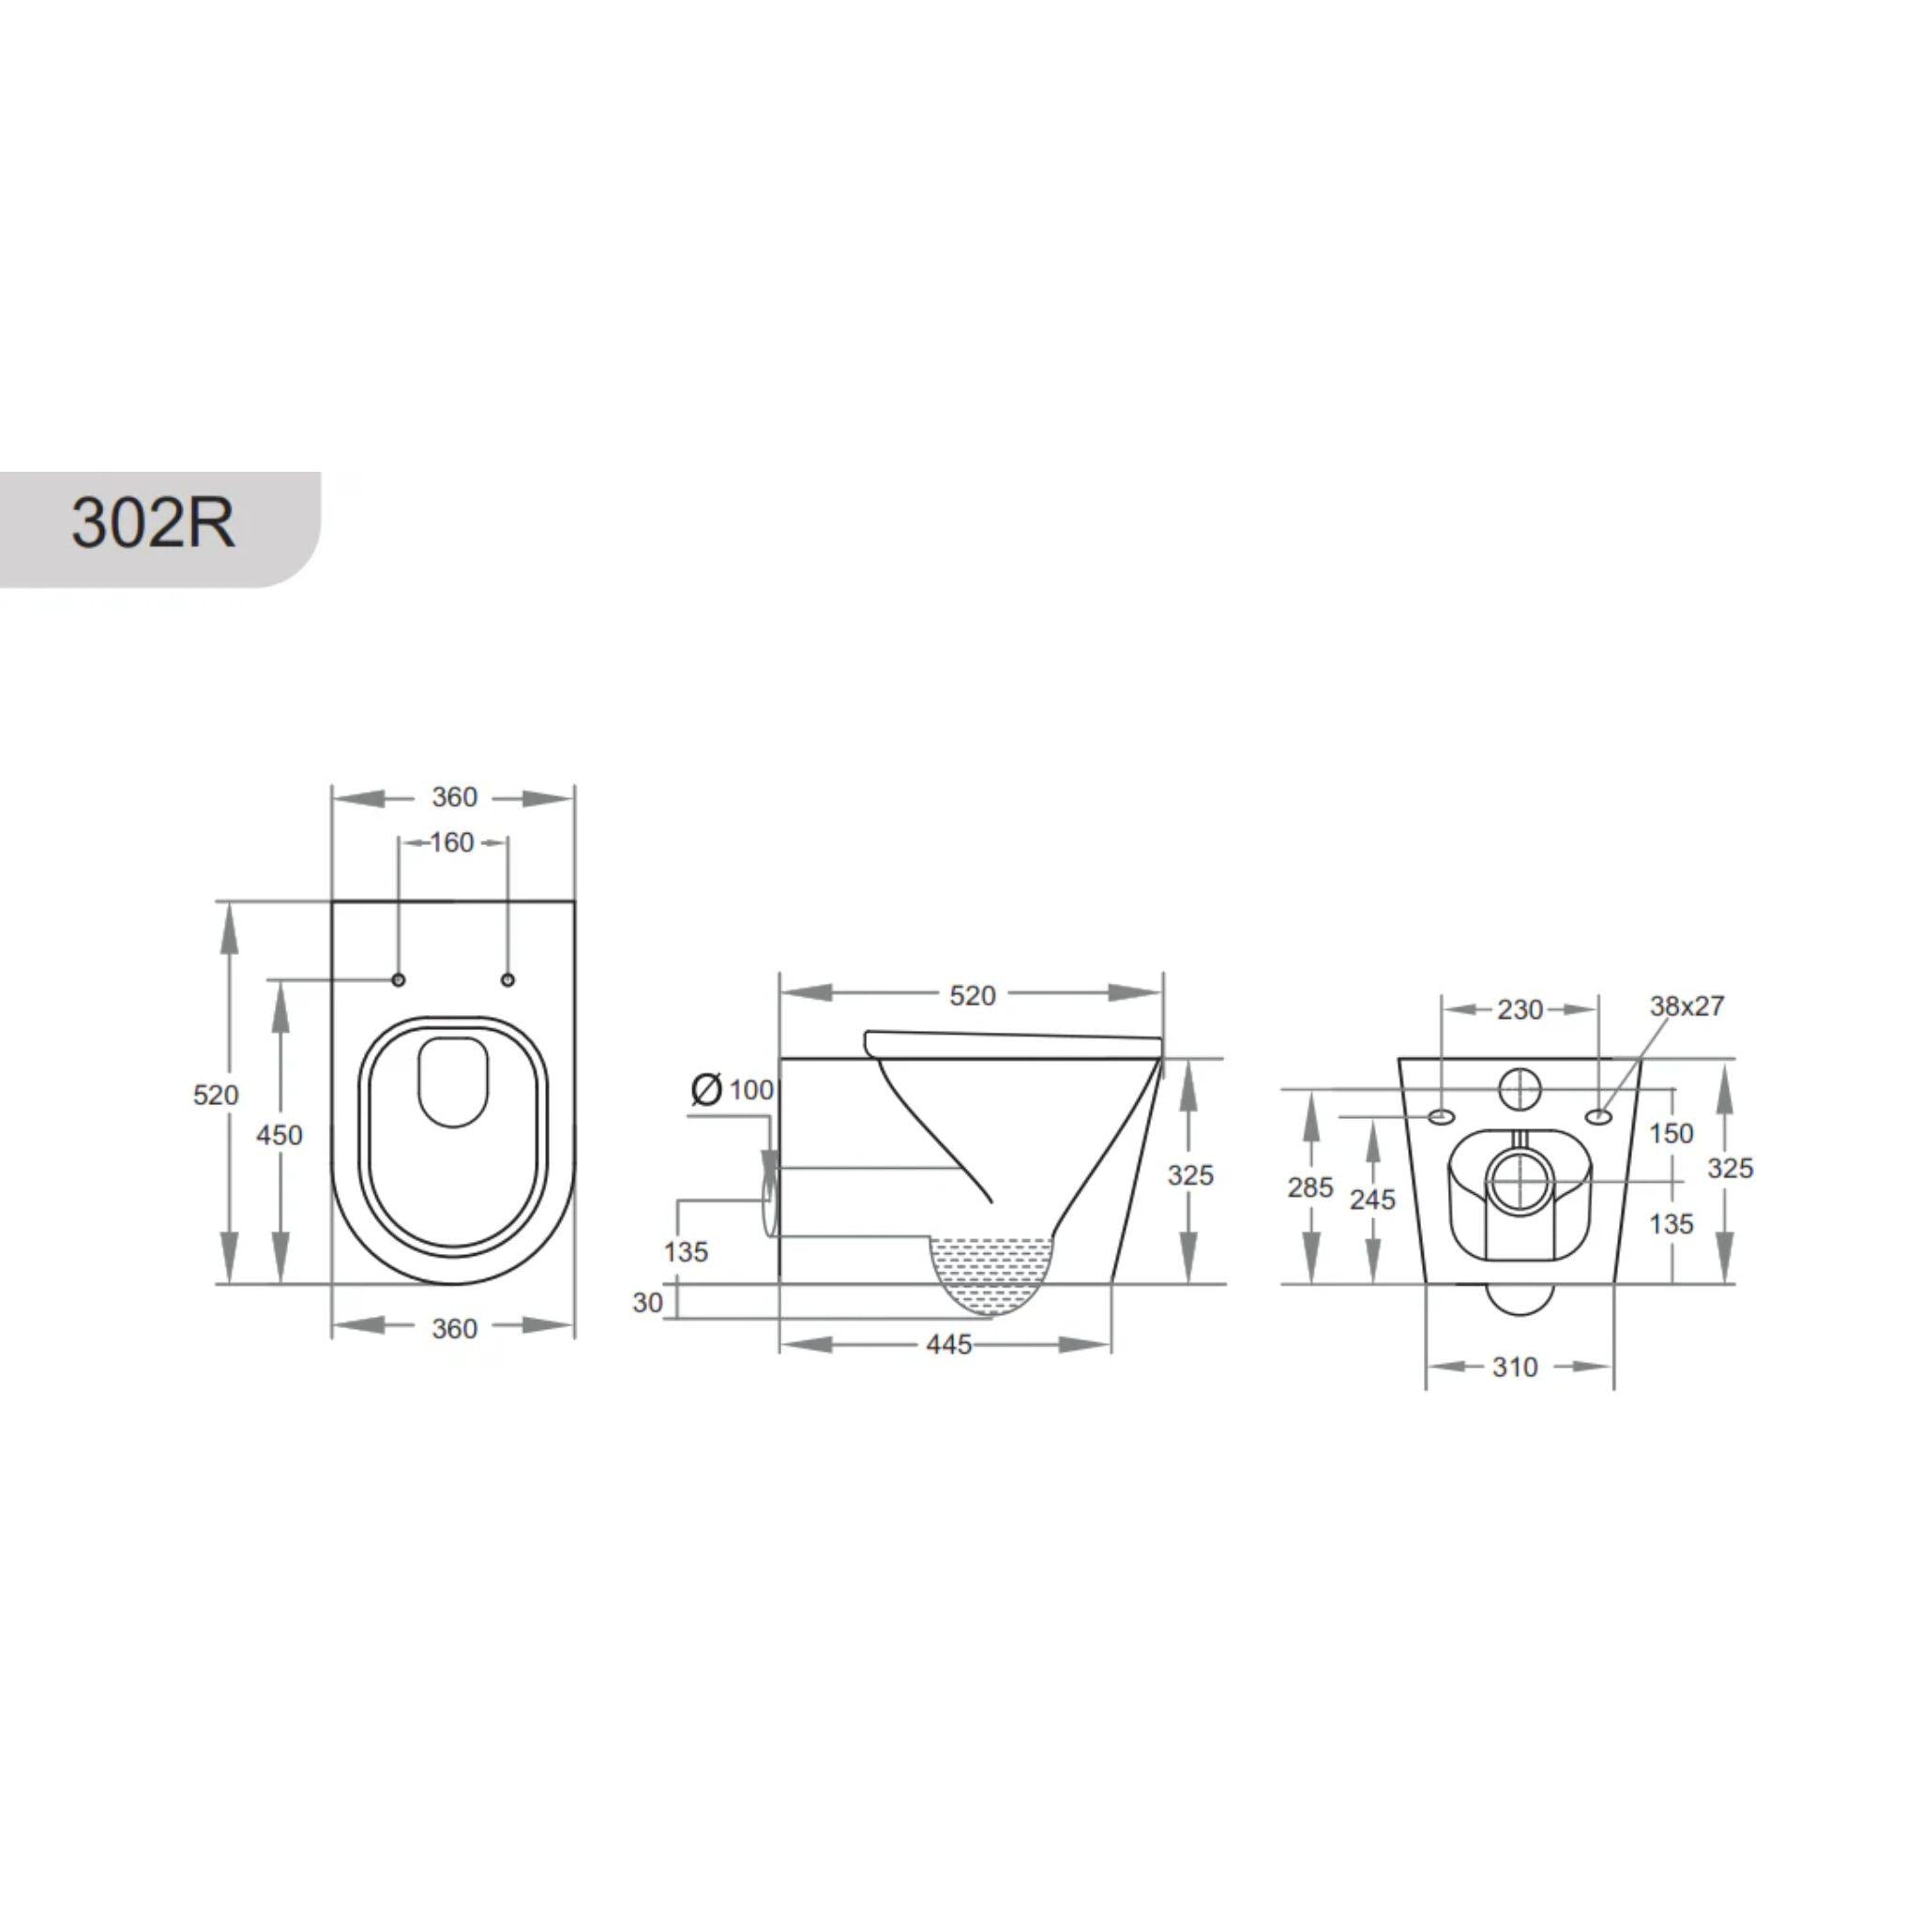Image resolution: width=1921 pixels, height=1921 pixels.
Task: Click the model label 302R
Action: coord(153,523)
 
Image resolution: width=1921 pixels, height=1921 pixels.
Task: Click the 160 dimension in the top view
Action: coord(451,843)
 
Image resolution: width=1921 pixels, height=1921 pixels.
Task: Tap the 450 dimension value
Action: coord(280,1135)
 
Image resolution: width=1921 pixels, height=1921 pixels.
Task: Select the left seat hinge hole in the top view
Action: coord(399,980)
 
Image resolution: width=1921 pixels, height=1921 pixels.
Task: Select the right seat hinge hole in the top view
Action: coord(508,980)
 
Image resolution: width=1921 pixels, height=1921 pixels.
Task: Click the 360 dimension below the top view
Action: coord(454,1328)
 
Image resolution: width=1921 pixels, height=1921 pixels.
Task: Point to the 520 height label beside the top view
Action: coord(216,1095)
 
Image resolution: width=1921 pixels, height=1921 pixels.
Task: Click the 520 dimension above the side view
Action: coord(972,995)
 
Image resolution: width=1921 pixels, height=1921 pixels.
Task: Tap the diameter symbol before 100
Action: coord(706,1090)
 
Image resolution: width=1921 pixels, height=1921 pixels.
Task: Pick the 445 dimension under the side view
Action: coord(948,1344)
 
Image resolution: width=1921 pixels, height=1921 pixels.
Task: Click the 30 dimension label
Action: coord(647,1303)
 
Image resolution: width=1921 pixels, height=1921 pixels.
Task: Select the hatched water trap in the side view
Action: coord(991,1274)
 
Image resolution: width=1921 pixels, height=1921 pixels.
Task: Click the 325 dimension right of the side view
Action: coord(1190,1175)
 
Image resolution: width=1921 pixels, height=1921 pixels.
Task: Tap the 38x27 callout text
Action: coord(1687,1006)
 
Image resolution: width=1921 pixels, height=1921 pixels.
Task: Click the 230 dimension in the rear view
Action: coord(1520,1009)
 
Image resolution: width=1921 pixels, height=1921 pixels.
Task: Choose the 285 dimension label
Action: coord(1310,1187)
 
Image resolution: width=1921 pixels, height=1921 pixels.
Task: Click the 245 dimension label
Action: coord(1373,1200)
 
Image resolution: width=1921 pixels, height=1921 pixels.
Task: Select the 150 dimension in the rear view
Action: coord(1671,1133)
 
